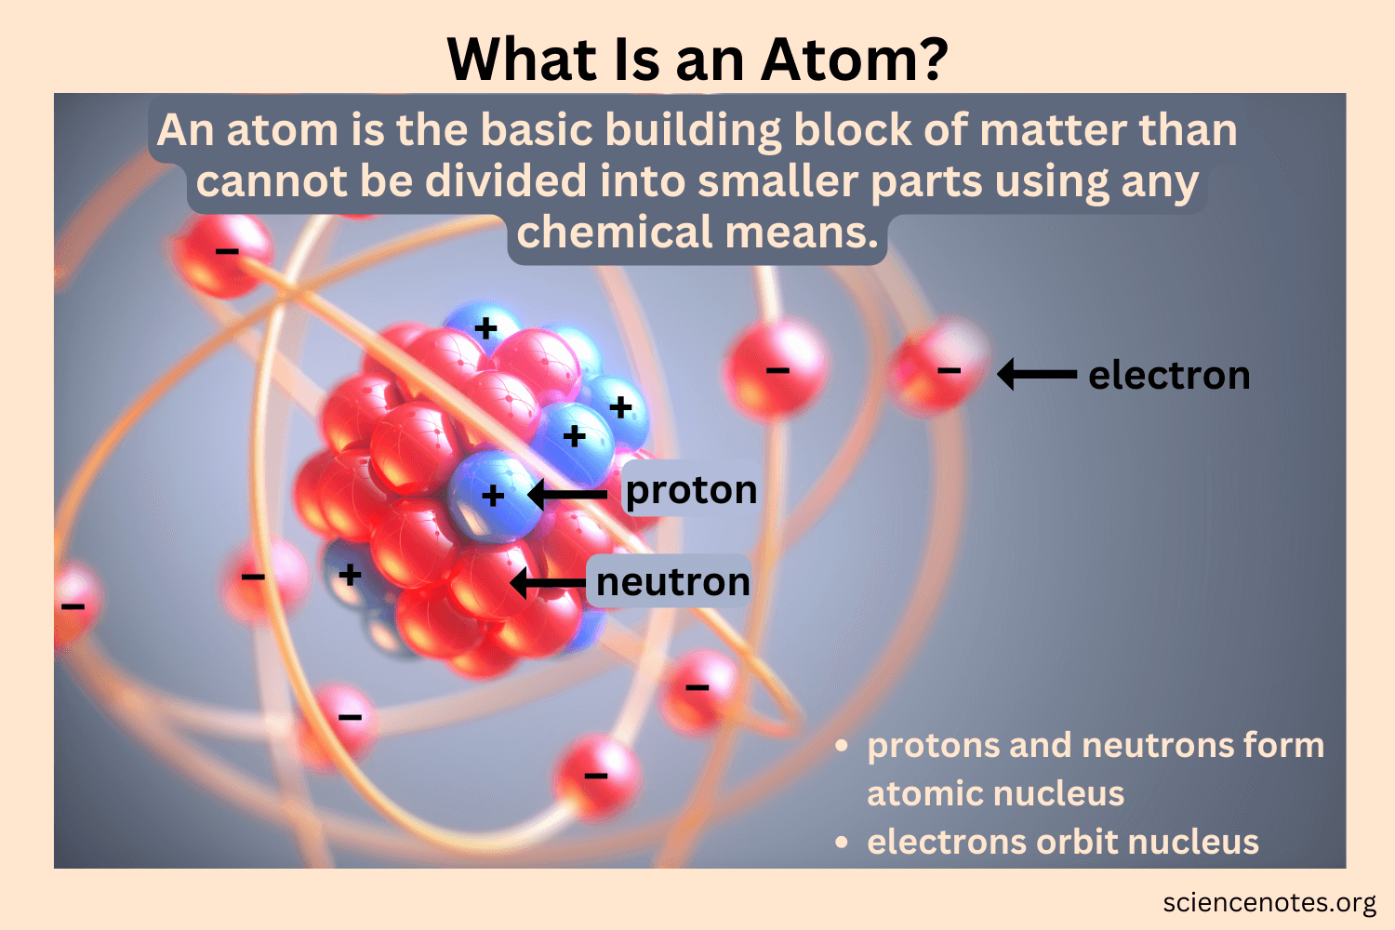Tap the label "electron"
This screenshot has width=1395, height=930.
pos(1169,376)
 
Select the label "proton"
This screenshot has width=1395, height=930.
pos(691,490)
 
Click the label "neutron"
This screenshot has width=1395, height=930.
pos(672,582)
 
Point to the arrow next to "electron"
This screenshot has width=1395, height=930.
pos(1037,375)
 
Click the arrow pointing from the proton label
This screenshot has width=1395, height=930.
pos(566,495)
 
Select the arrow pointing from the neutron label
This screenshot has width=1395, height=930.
pos(548,583)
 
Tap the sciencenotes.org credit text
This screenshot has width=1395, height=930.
pos(1269,903)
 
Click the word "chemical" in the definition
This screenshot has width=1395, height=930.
pos(616,232)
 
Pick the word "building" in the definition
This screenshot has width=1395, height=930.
pos(693,131)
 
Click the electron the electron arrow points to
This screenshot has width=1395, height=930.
pos(939,367)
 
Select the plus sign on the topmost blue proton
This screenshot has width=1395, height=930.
pos(485,327)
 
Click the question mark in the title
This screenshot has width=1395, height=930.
pos(928,60)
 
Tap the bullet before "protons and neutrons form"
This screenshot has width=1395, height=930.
pos(842,746)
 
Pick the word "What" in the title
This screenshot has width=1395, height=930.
pos(523,60)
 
